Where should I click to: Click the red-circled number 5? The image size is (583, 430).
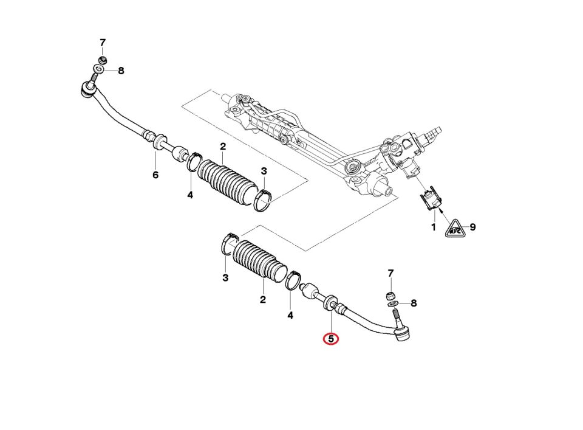(x=330, y=338)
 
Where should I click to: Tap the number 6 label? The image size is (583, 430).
(x=155, y=175)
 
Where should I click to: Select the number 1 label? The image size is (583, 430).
(x=434, y=227)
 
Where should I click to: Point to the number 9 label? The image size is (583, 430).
(x=472, y=227)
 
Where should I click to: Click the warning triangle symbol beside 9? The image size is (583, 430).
(x=455, y=229)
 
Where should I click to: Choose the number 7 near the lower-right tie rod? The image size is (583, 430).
(x=390, y=273)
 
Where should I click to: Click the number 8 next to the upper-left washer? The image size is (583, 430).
(x=121, y=71)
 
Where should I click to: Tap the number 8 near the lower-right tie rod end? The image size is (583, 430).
(x=414, y=303)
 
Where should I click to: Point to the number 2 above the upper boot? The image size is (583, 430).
(x=223, y=147)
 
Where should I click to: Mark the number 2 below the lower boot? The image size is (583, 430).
(x=263, y=299)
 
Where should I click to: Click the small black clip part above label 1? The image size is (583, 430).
(x=432, y=199)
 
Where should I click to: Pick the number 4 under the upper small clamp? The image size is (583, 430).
(x=190, y=195)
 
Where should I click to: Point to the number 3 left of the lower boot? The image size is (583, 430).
(x=225, y=279)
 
